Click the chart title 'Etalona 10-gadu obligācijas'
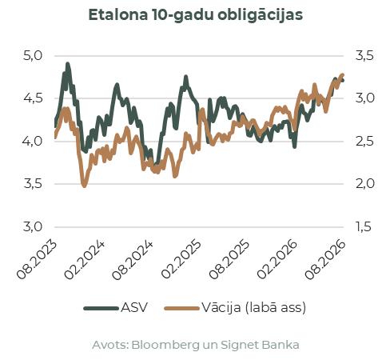pos(196,15)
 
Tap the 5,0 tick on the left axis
pos(33,56)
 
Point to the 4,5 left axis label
pos(33,98)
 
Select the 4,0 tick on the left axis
pos(33,142)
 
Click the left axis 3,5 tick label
pos(33,184)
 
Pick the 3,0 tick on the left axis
pos(33,226)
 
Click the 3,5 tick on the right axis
pos(364,56)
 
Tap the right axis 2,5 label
pos(364,142)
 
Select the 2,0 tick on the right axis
pos(364,184)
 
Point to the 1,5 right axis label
pos(364,226)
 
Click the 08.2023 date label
pos(37,260)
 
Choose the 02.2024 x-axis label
pos(85,260)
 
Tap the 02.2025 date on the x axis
pos(181,260)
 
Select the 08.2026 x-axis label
pos(325,260)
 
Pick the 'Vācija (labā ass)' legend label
pos(253,308)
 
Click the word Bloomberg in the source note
pos(165,345)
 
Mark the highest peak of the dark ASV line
pos(68,64)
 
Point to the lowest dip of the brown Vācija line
pos(85,186)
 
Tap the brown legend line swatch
pos(182,309)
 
